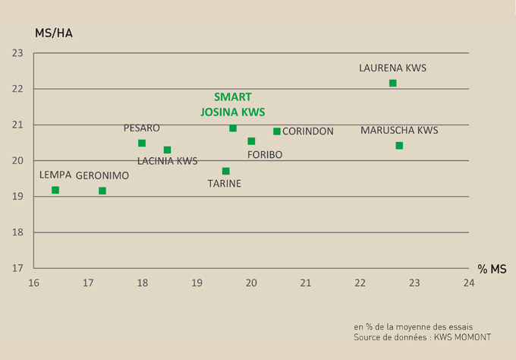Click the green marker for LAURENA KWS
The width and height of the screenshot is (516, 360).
click(x=392, y=83)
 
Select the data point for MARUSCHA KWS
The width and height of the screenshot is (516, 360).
click(x=399, y=146)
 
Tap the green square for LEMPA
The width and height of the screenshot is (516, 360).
click(x=55, y=190)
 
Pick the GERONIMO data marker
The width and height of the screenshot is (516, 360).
click(x=102, y=191)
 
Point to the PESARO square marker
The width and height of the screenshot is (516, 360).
click(x=142, y=143)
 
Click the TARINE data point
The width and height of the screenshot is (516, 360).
click(x=225, y=171)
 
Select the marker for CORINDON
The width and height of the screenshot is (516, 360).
click(x=277, y=131)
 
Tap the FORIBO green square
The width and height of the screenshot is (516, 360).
click(x=251, y=141)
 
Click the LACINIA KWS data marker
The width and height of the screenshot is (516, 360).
click(x=167, y=150)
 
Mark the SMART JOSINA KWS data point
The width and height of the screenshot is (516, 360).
click(x=233, y=128)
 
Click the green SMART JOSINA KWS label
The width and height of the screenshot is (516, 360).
click(x=232, y=104)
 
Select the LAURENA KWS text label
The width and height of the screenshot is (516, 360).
click(x=392, y=68)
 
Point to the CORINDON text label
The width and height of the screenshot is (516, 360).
click(x=307, y=131)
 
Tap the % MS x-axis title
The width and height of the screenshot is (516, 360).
click(x=492, y=269)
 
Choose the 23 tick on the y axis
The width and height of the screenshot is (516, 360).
click(x=17, y=53)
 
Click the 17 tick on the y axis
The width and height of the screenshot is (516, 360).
click(x=17, y=268)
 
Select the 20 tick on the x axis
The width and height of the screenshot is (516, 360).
click(x=251, y=283)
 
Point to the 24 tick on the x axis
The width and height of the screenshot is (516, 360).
click(x=468, y=283)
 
